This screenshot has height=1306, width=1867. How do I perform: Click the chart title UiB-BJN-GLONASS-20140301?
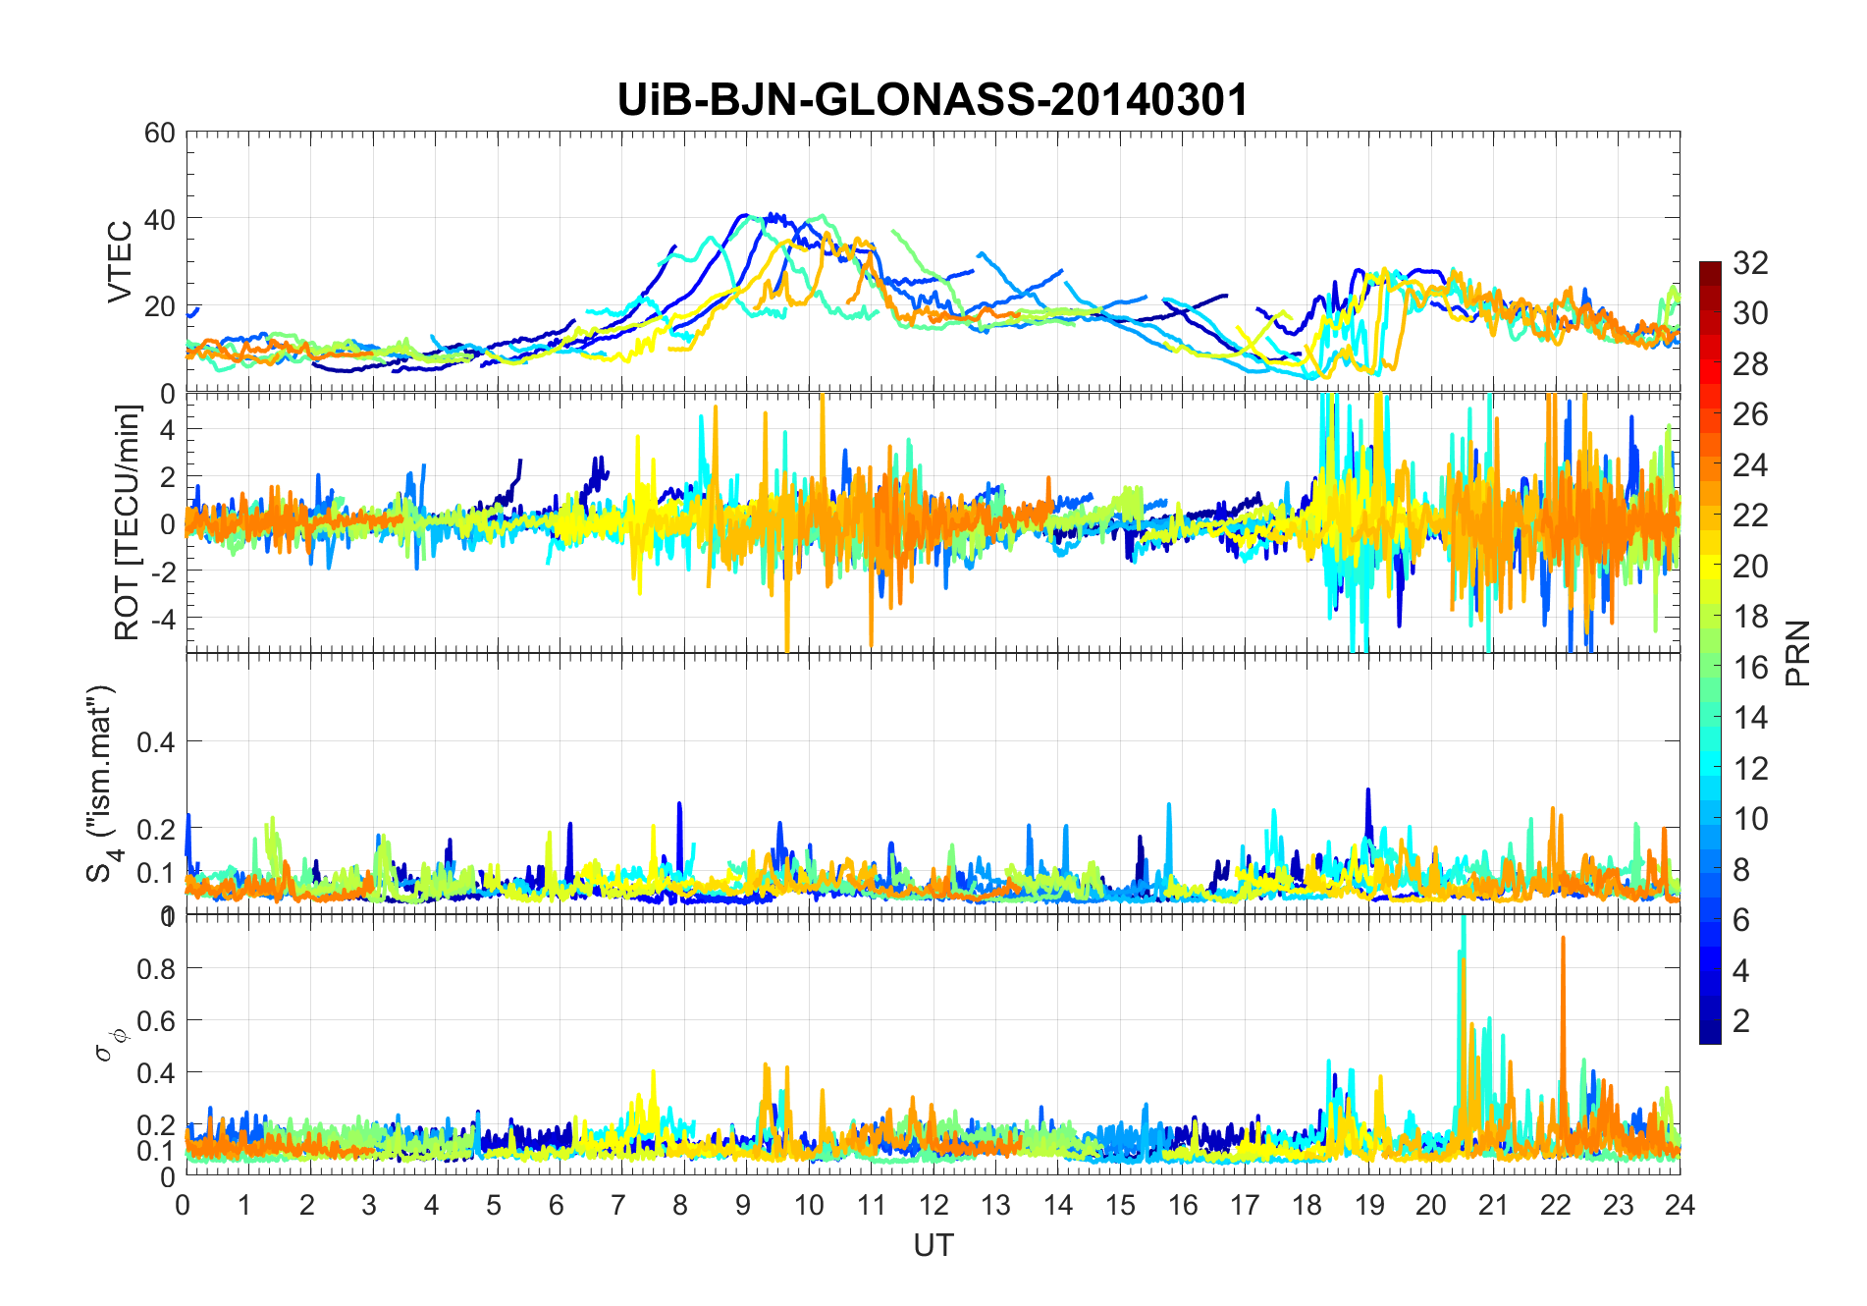click(933, 100)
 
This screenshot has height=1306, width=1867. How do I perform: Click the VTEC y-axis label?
click(120, 262)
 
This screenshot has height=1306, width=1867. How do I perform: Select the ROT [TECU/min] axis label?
click(128, 522)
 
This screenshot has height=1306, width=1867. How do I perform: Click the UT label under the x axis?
click(933, 1245)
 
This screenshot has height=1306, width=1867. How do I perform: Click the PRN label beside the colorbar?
click(1798, 653)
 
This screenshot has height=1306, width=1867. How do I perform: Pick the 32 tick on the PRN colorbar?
click(1750, 262)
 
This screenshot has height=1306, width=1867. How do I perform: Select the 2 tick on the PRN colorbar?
click(1741, 1020)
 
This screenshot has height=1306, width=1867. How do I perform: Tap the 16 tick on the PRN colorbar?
click(1750, 667)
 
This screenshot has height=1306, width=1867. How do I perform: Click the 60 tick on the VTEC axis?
click(160, 133)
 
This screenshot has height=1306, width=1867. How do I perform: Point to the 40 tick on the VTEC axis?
click(160, 219)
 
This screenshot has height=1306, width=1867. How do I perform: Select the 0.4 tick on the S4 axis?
click(155, 742)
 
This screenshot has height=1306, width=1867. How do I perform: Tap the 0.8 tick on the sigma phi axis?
click(155, 968)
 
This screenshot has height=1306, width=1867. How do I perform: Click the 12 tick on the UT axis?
click(933, 1205)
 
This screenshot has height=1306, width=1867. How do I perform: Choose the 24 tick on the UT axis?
click(1680, 1205)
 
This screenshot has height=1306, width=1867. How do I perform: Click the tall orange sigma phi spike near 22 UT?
click(1563, 943)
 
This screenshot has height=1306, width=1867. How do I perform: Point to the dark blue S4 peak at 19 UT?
click(1368, 791)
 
